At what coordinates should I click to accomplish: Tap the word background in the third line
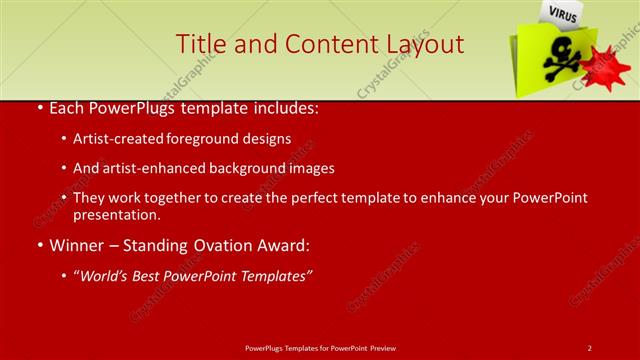(x=248, y=168)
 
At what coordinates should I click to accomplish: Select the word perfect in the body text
(x=323, y=198)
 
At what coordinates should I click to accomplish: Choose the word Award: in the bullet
(x=285, y=244)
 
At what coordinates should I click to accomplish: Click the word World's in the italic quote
(x=108, y=274)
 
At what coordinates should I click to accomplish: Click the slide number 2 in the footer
(x=589, y=347)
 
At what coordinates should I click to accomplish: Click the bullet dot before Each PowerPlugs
(x=39, y=109)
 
